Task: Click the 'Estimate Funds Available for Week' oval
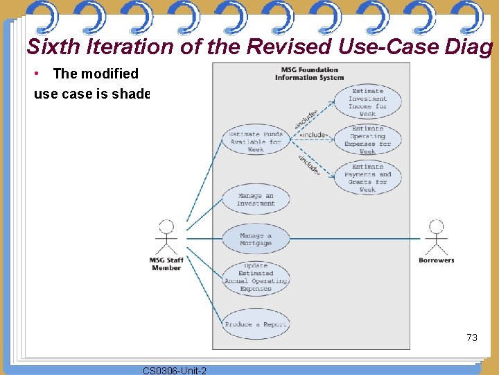coord(256,142)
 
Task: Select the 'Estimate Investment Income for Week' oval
coord(367,102)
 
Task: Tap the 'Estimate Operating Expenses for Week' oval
coord(367,140)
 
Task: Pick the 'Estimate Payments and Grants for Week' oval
coord(367,178)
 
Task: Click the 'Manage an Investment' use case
coord(256,200)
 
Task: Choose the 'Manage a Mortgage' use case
coord(256,239)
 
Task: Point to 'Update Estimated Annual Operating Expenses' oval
coord(256,277)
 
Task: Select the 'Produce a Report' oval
coord(256,324)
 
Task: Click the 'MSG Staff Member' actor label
coord(166,264)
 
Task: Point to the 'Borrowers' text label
coord(436,260)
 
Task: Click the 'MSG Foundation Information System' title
coord(310,74)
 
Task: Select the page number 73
coord(472,337)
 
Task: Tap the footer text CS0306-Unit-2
coord(174,370)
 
